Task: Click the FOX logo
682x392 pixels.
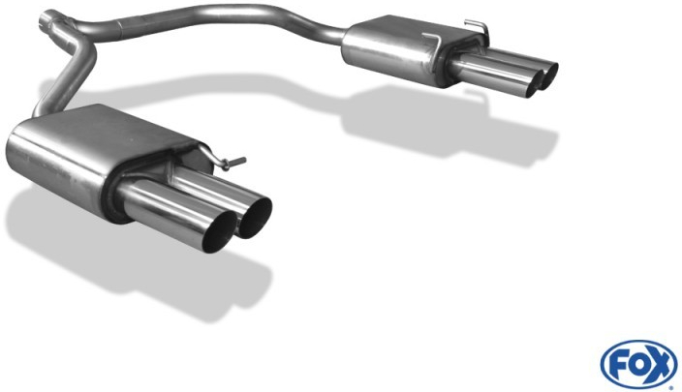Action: tap(639, 365)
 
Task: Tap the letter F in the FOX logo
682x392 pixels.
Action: tap(614, 364)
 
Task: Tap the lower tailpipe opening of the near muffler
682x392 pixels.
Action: tap(220, 233)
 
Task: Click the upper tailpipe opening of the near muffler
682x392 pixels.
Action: tap(255, 218)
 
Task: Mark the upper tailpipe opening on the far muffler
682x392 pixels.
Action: tap(549, 76)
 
